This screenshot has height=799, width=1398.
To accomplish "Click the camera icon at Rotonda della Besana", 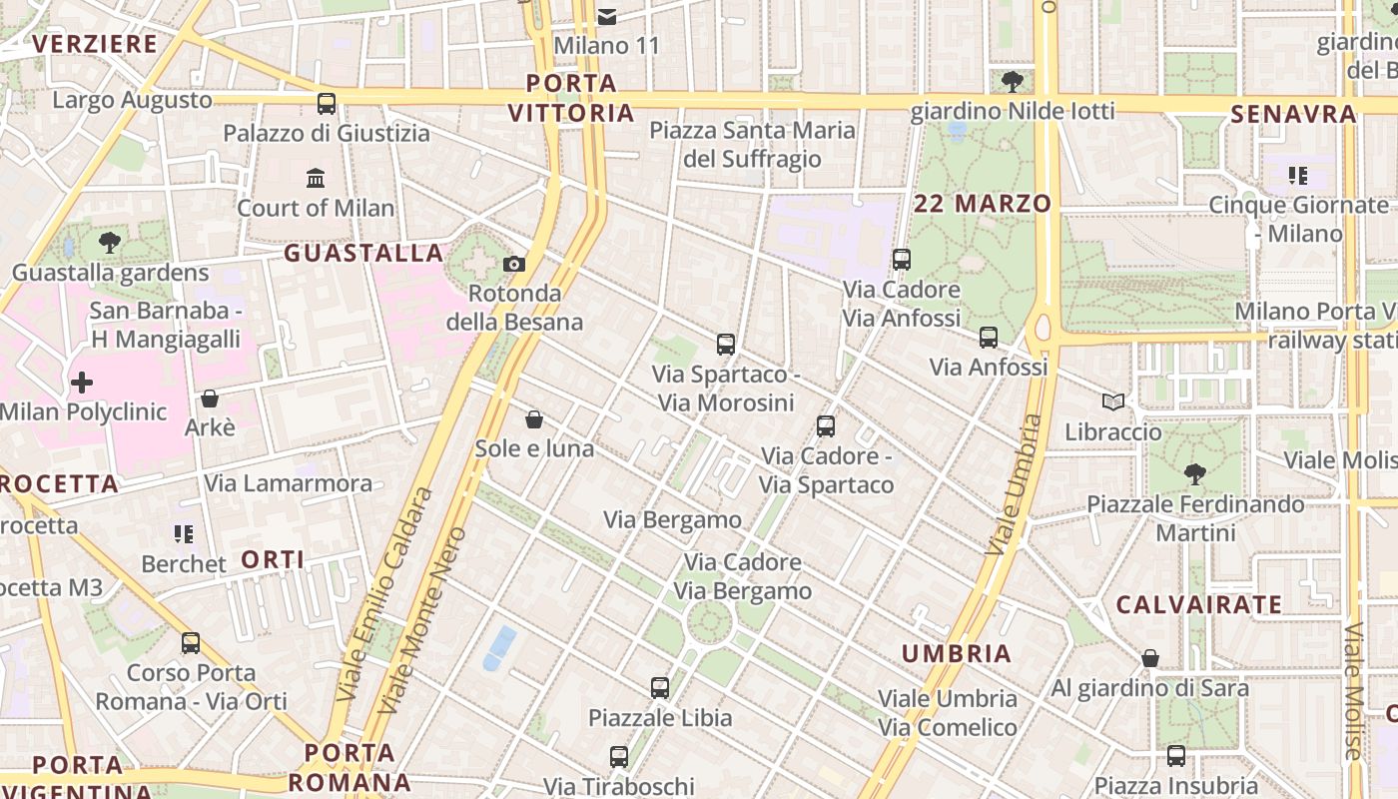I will point(514,264).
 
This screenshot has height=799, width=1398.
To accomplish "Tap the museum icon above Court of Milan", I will point(316,178).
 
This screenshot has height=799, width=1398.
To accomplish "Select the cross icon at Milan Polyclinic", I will point(82,382).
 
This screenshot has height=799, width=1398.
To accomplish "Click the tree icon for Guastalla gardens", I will point(109,242).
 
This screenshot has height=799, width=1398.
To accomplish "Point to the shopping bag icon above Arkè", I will point(210,399).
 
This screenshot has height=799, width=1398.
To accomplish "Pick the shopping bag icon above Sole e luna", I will point(534,418).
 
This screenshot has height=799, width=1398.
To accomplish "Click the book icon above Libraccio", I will point(1113,401).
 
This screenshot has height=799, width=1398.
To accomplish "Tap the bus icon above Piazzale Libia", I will point(659,687).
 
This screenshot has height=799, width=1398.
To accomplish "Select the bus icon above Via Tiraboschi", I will point(619,756).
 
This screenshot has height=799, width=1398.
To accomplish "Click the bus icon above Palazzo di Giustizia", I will point(327,103).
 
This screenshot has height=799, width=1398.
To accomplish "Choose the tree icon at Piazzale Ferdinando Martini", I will point(1194,473).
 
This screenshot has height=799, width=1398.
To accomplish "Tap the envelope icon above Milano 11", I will point(607,16).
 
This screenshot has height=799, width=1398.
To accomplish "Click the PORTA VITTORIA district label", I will point(571,98).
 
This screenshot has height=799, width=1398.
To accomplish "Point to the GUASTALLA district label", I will point(363,253).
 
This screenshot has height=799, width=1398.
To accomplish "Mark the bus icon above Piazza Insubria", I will point(1176,756).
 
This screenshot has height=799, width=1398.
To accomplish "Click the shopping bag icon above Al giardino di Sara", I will point(1150,658).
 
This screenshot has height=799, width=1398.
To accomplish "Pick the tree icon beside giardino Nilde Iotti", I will point(1012,81).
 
